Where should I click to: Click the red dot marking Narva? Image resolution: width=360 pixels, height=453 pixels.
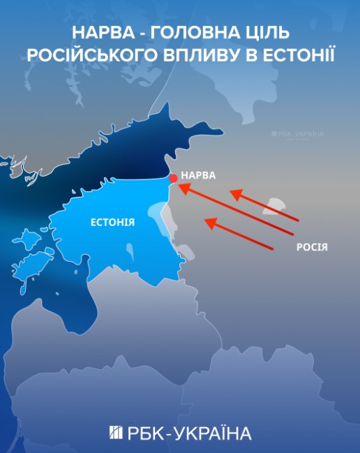coord(173,179)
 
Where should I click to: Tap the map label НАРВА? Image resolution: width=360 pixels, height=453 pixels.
coord(198,174)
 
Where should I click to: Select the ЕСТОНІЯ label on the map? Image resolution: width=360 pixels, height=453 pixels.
coord(113,222)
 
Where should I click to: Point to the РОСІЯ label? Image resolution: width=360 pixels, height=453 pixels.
coord(311,246)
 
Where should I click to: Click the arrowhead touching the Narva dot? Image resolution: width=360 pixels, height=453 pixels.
coord(183,188)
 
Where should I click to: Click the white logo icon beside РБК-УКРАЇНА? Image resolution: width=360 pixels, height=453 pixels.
coord(116,433)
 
